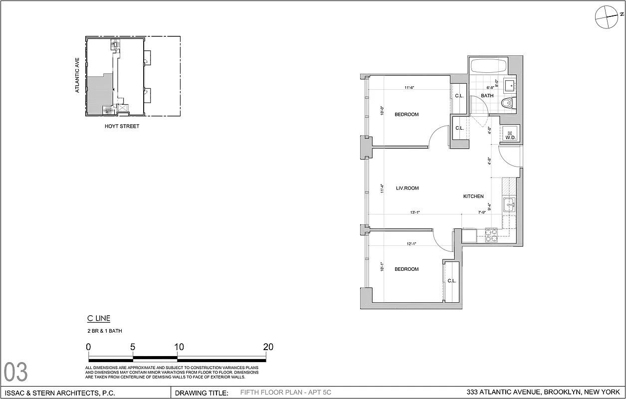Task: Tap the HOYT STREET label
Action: point(122,126)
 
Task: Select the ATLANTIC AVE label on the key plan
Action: point(77,75)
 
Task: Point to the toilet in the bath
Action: point(506,103)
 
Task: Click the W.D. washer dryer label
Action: point(510,138)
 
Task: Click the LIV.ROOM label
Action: point(407,188)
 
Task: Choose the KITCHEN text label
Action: point(473,197)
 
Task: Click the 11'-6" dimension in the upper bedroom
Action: point(410,88)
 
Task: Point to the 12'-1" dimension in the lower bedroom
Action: point(411,244)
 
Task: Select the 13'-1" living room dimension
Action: point(415,212)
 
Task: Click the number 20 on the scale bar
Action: point(268,347)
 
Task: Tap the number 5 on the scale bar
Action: point(133,347)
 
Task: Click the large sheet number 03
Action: point(16,372)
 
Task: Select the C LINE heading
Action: point(98,319)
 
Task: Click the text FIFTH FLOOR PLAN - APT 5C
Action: point(285,393)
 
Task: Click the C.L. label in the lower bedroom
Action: point(451,281)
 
